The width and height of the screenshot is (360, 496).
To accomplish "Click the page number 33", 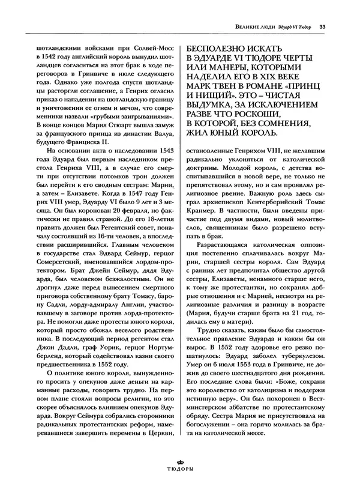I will click(x=322, y=26).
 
